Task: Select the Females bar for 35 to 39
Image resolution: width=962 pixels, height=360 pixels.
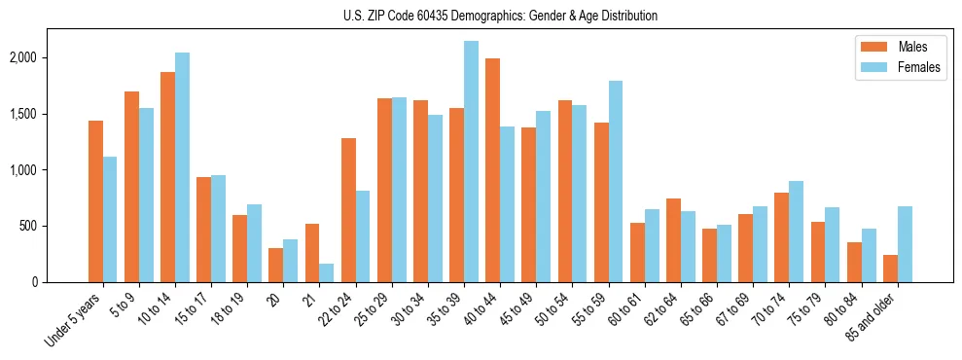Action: (x=471, y=162)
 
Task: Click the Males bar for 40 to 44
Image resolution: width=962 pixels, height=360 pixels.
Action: (x=492, y=170)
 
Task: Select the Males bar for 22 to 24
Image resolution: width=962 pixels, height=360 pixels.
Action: (x=348, y=210)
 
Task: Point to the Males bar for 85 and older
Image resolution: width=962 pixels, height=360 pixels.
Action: (x=890, y=269)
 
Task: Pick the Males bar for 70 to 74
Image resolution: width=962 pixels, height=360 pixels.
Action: (x=782, y=237)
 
